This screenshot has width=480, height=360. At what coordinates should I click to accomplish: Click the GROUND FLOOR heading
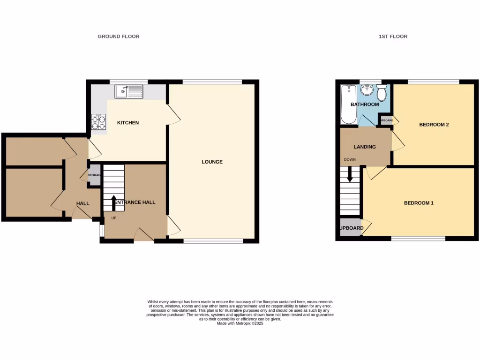click(x=118, y=37)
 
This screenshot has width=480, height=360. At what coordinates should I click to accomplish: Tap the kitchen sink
click(x=128, y=91)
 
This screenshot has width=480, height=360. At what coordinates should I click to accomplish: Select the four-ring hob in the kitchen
click(x=98, y=122)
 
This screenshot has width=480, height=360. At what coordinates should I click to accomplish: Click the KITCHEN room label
click(x=128, y=123)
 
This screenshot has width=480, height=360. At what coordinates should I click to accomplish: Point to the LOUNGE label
click(x=212, y=162)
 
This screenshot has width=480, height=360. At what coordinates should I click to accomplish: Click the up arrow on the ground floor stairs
click(x=113, y=203)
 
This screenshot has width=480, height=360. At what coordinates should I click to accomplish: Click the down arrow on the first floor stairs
click(x=349, y=175)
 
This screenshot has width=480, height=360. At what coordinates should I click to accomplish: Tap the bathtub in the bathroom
click(x=348, y=105)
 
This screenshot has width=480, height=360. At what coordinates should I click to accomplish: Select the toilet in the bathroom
click(x=382, y=93)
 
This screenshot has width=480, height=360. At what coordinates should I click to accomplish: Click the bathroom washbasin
click(x=367, y=90)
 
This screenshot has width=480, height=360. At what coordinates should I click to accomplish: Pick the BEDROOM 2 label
click(x=434, y=125)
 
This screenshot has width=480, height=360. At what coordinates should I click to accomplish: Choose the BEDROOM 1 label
click(x=419, y=203)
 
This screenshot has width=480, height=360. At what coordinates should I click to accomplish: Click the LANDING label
click(x=364, y=147)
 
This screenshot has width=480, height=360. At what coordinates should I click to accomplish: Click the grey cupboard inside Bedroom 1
click(x=350, y=228)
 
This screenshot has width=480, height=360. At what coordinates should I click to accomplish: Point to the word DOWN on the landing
click(x=350, y=160)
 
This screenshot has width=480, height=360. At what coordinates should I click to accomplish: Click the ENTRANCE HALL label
click(x=135, y=202)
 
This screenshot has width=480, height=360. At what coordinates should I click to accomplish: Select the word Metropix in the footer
click(x=240, y=323)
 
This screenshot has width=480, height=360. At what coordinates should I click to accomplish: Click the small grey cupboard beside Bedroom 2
click(x=386, y=120)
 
